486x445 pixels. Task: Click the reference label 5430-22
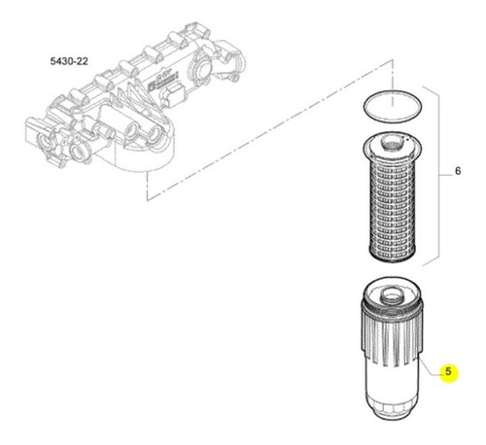tap(69, 61)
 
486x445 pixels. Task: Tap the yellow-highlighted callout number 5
tap(448, 371)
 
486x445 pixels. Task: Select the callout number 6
tap(458, 171)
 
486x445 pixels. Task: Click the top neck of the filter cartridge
tap(392, 143)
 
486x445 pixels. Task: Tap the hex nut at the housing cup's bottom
tap(391, 411)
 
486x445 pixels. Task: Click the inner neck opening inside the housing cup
tap(392, 295)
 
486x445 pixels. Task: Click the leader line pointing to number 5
tap(430, 368)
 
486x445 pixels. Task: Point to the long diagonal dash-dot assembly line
tap(270, 129)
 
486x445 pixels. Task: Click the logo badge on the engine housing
tap(164, 81)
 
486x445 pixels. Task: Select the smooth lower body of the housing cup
tap(391, 381)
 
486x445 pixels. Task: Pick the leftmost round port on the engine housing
tap(43, 142)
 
